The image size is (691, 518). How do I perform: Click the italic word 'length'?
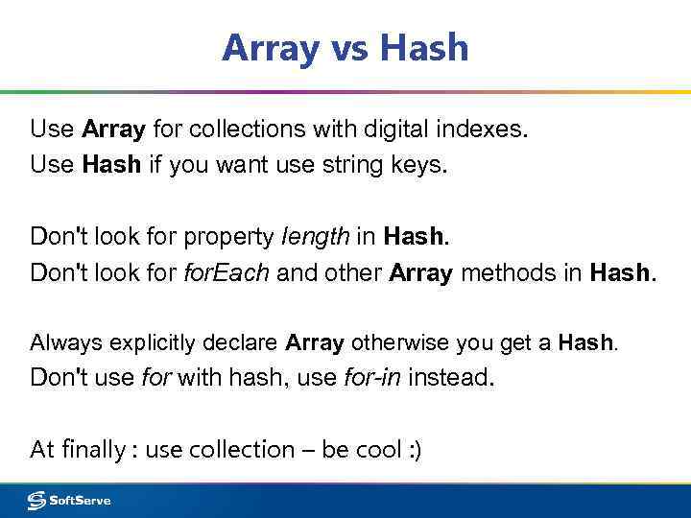pyautogui.click(x=312, y=235)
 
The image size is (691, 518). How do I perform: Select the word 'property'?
pyautogui.click(x=228, y=236)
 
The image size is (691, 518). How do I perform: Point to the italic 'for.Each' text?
pyautogui.click(x=228, y=272)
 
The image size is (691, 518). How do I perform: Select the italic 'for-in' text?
pyautogui.click(x=372, y=378)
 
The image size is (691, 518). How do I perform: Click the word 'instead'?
pyautogui.click(x=450, y=378)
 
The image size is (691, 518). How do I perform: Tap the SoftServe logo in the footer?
pyautogui.click(x=69, y=500)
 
